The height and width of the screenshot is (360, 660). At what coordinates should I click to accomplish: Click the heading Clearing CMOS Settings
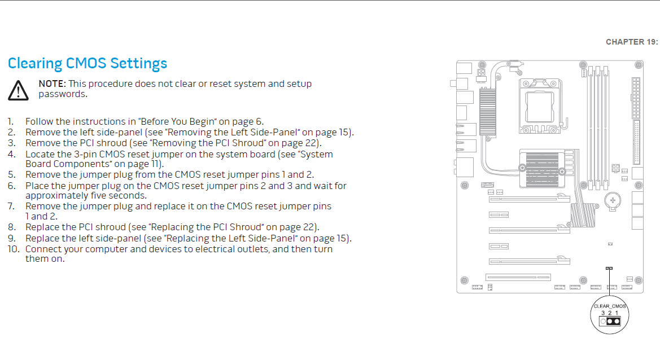click(88, 64)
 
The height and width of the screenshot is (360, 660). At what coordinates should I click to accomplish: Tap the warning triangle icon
click(18, 90)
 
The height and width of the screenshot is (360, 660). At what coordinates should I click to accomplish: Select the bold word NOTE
click(52, 84)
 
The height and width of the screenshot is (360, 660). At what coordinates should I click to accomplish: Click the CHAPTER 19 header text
click(631, 42)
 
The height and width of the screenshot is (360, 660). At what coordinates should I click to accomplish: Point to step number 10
click(14, 249)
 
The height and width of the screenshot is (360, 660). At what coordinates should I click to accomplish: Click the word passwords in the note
click(63, 94)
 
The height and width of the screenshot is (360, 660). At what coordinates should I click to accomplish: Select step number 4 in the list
click(11, 155)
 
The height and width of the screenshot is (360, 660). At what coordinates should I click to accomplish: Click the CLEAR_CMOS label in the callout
click(610, 306)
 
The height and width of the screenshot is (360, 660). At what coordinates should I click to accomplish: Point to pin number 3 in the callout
click(603, 313)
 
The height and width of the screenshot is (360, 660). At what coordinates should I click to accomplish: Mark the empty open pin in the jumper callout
click(603, 321)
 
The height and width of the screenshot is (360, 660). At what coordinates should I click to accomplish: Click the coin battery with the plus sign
click(613, 201)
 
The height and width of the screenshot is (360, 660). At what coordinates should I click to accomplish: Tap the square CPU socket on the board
click(540, 107)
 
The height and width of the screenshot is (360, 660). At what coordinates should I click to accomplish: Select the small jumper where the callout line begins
click(609, 269)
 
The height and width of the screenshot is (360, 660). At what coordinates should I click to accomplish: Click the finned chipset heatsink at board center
click(543, 169)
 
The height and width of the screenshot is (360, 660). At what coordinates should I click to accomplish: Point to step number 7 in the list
click(11, 206)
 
